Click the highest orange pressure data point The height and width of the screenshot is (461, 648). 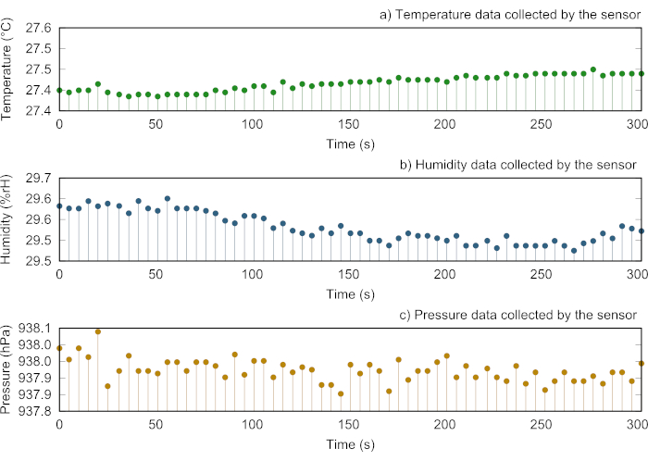pos(98,331)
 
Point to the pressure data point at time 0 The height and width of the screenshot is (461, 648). pos(59,348)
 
